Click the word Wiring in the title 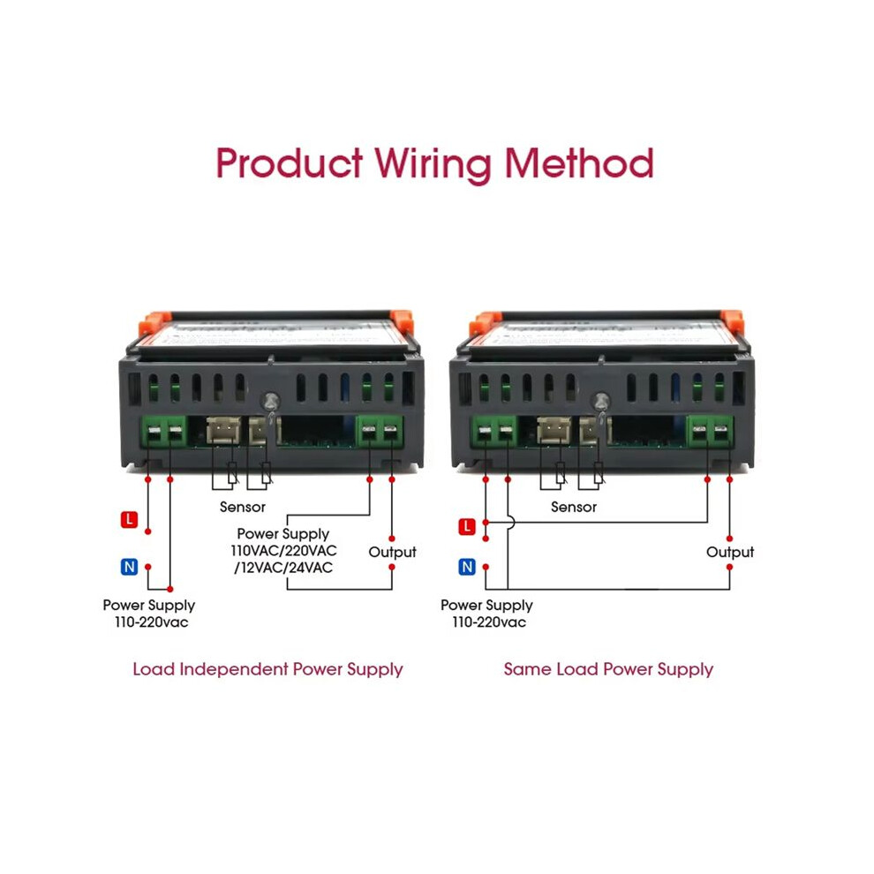(433, 164)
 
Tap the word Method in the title (579, 162)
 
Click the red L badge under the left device (129, 519)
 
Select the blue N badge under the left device (129, 567)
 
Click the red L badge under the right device (467, 527)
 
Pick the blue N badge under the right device (467, 567)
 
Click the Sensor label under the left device (243, 507)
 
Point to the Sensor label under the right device (574, 507)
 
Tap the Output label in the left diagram (392, 552)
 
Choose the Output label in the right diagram (730, 552)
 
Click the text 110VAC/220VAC (283, 551)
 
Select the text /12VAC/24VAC (283, 568)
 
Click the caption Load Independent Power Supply (267, 669)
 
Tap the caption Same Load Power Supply (608, 669)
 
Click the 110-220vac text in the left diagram (152, 622)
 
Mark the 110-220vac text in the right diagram (489, 622)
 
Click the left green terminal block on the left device (164, 432)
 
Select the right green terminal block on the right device (710, 432)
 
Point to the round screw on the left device (271, 402)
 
